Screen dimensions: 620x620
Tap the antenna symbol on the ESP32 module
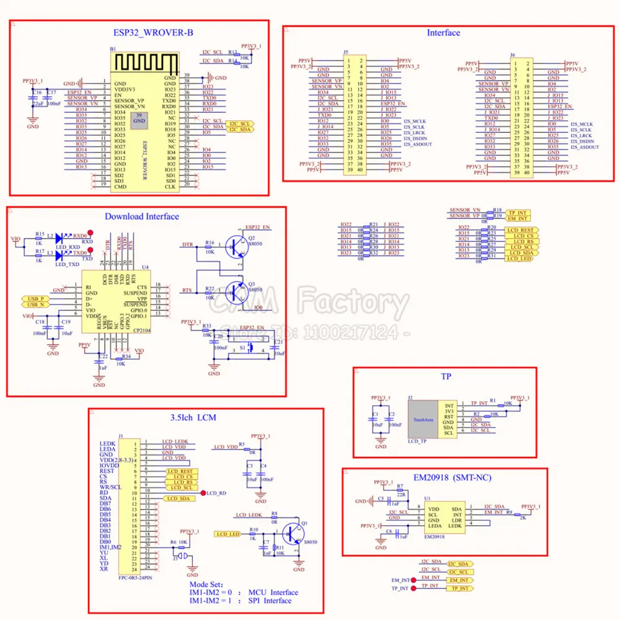click(144, 63)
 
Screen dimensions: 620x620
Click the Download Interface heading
click(141, 216)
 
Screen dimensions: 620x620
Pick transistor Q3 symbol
click(234, 290)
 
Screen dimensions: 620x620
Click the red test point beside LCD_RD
click(203, 493)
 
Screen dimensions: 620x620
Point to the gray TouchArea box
click(423, 420)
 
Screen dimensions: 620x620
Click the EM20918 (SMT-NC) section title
click(444, 479)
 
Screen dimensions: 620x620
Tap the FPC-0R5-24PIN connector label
click(135, 577)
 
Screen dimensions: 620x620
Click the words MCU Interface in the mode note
click(273, 592)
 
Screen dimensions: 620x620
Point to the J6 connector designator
click(512, 55)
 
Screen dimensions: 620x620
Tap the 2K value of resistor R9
click(523, 517)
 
